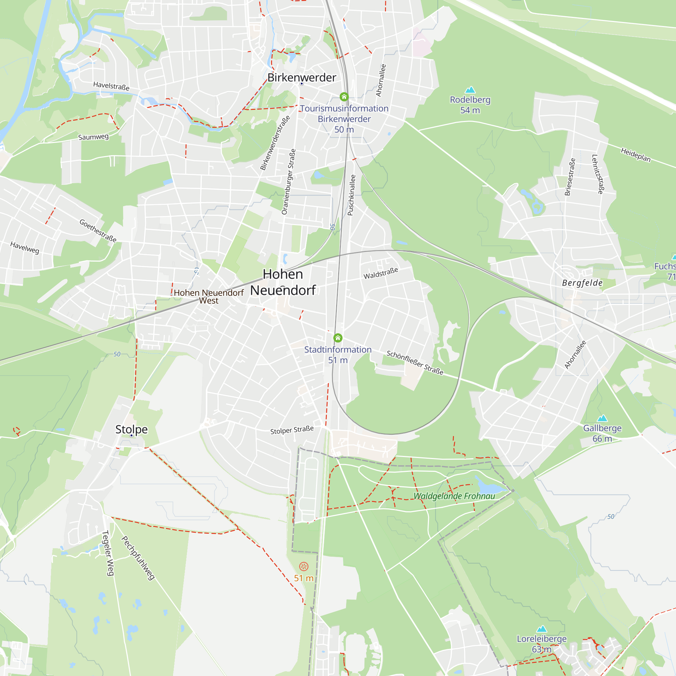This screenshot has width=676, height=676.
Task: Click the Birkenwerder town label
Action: coord(301,77)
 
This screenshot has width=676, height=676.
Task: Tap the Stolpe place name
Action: coord(131,429)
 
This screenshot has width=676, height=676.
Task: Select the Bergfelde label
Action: coord(582,283)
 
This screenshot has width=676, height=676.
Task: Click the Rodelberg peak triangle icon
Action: coord(470,90)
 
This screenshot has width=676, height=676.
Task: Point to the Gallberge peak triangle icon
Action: coord(602,418)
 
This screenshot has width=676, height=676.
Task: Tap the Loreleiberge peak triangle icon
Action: coord(541,629)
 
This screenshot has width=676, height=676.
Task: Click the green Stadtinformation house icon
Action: coord(338,338)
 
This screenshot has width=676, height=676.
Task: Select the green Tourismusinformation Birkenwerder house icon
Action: coord(344,97)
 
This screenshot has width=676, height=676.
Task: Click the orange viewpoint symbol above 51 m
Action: coord(304,566)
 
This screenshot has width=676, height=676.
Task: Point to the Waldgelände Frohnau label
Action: coord(454,496)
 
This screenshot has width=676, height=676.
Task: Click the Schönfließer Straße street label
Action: coord(415,362)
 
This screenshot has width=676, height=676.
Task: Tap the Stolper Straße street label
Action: coord(292,430)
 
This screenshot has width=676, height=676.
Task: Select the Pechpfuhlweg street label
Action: coord(138,558)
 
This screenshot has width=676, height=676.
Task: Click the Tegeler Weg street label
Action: coord(108,553)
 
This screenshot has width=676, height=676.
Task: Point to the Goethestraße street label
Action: coord(98,231)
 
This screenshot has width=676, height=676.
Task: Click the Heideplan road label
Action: coord(636,155)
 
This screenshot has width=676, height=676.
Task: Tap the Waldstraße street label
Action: coord(381,273)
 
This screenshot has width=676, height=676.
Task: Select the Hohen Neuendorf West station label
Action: coord(209,296)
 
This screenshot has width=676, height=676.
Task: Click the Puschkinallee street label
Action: coord(351,195)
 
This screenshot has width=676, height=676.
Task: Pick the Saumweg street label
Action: coord(93,137)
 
